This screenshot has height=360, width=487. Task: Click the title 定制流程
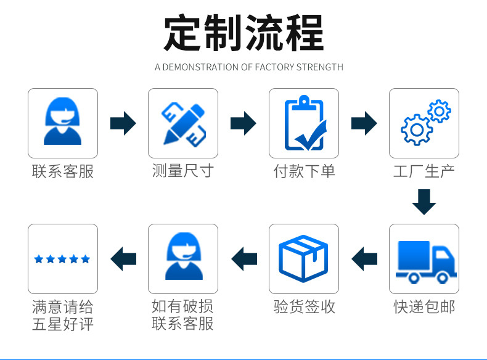click(x=243, y=33)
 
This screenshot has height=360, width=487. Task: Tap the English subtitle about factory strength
click(x=248, y=67)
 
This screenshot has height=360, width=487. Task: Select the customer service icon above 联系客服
click(x=62, y=123)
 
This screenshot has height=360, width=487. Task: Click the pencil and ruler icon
click(x=182, y=123)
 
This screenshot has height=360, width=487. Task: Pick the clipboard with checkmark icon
click(x=303, y=123)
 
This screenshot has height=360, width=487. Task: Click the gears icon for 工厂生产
click(x=424, y=123)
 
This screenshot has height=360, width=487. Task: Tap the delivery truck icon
click(x=424, y=258)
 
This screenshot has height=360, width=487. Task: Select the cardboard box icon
click(x=303, y=258)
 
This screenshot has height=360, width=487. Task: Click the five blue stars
click(x=62, y=259)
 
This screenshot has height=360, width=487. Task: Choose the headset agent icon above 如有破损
click(x=182, y=258)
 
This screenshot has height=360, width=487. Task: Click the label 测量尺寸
click(x=182, y=171)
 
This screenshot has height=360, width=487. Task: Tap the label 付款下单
click(x=304, y=171)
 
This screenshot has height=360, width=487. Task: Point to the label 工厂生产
click(x=424, y=171)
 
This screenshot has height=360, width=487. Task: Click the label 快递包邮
click(x=424, y=306)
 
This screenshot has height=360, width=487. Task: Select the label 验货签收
click(x=304, y=306)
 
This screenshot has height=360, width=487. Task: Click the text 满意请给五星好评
click(x=62, y=314)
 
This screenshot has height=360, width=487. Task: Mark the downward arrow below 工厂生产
click(x=424, y=202)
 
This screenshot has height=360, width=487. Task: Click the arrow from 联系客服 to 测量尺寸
click(x=123, y=123)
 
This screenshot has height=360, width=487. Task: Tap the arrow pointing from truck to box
click(x=364, y=258)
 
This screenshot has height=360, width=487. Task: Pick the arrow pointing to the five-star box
click(x=123, y=258)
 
